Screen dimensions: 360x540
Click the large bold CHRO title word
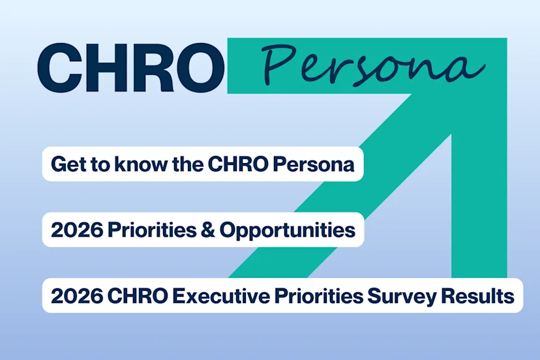[130, 68]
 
